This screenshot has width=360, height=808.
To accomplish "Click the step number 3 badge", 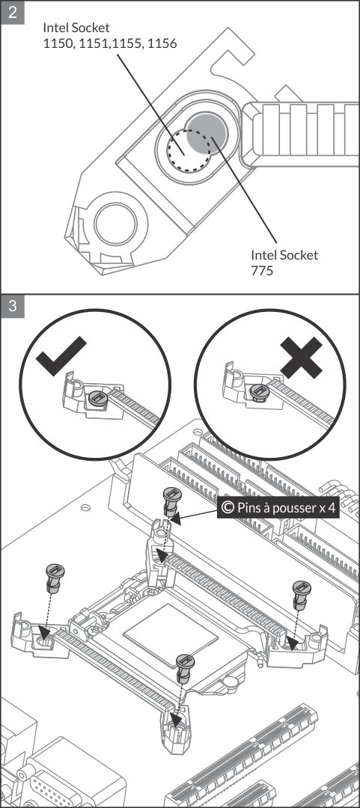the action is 13,306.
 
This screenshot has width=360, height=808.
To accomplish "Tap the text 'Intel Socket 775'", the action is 284,263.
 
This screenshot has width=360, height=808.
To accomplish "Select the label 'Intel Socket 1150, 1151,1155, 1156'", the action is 110,35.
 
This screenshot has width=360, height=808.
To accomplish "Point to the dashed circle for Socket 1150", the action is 189,149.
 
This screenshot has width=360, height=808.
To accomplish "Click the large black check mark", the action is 61,355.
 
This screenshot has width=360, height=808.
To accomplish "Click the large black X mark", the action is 301,357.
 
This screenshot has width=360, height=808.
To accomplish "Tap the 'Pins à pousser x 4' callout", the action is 278,508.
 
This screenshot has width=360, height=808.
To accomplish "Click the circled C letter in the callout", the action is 228,508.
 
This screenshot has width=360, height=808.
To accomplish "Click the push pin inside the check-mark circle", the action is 97,398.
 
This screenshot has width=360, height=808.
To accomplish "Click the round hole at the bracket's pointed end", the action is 116,224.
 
